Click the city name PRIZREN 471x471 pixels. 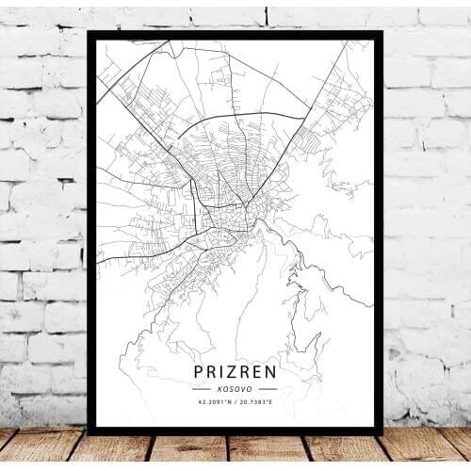click(235, 366)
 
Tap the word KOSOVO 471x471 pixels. click(235, 388)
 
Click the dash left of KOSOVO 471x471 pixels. click(202, 388)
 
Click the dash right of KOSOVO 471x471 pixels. click(268, 388)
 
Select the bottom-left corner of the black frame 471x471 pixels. click(89, 432)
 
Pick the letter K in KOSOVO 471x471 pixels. click(219, 388)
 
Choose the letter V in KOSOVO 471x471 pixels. click(244, 388)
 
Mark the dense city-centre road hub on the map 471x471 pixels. click(226, 212)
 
